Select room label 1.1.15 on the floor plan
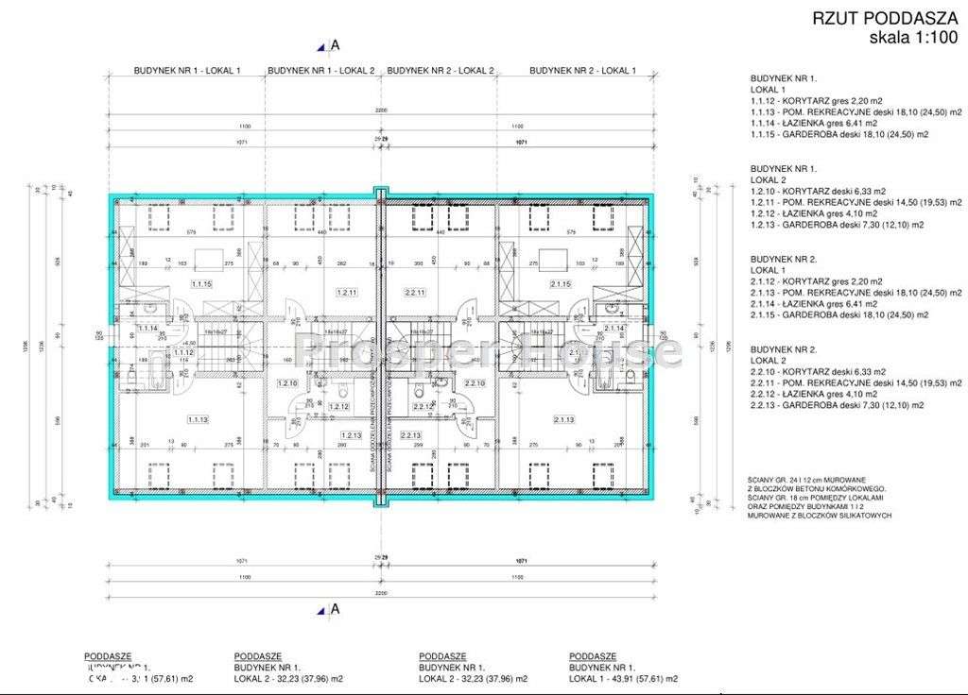(201, 283)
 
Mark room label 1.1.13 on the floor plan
(198, 419)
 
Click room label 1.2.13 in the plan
(351, 435)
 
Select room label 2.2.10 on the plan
(475, 383)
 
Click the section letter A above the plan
(335, 44)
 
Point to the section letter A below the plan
(335, 610)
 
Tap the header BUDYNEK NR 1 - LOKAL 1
(184, 71)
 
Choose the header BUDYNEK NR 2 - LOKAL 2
(441, 71)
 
